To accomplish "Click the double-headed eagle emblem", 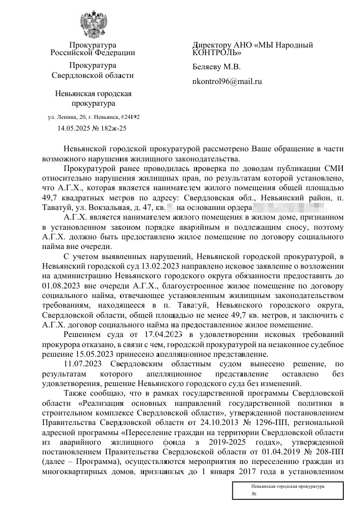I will [x=93, y=23].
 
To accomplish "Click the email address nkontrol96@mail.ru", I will [x=227, y=81].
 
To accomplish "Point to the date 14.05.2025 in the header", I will [x=74, y=128].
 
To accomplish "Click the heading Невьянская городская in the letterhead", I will [x=93, y=94].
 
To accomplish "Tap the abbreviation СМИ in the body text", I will [x=334, y=168].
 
